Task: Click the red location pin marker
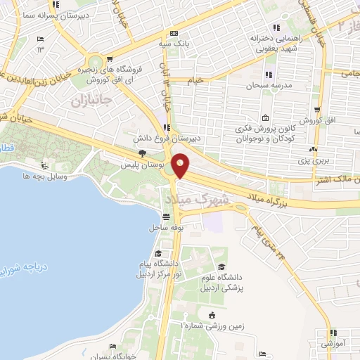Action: click(181, 165)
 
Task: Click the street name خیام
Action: click(195, 80)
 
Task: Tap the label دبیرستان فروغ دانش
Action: click(168, 139)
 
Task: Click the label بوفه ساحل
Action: click(166, 228)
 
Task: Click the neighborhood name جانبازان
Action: click(91, 101)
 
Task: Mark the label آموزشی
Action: click(335, 344)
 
